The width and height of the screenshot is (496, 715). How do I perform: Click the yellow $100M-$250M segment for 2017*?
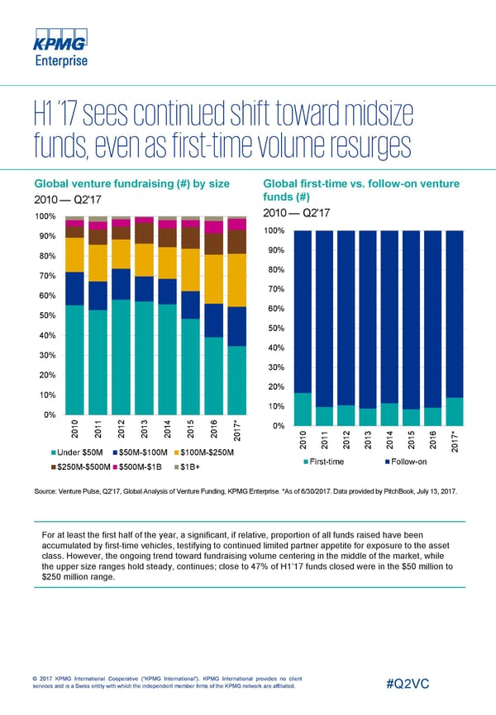pyautogui.click(x=238, y=280)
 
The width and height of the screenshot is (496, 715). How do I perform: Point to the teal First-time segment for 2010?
pyautogui.click(x=303, y=409)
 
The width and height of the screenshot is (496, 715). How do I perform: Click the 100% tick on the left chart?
pyautogui.click(x=44, y=217)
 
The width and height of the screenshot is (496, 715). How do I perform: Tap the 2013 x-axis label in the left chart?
pyautogui.click(x=145, y=430)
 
